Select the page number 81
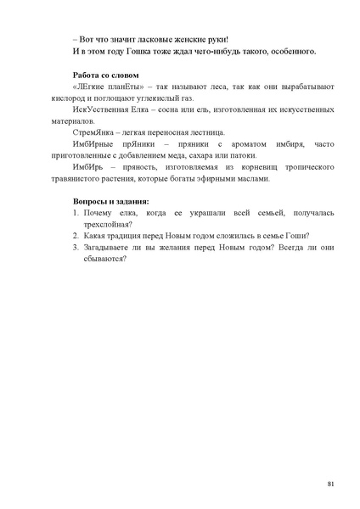click(x=329, y=483)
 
